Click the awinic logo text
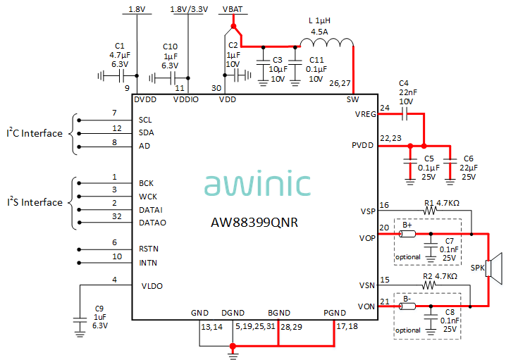point(257,184)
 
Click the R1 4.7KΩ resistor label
point(442,203)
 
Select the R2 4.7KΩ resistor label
point(442,276)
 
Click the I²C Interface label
point(35,133)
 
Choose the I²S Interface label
point(35,202)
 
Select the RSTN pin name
point(149,248)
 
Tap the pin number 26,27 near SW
point(340,84)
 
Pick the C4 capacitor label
point(403,82)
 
